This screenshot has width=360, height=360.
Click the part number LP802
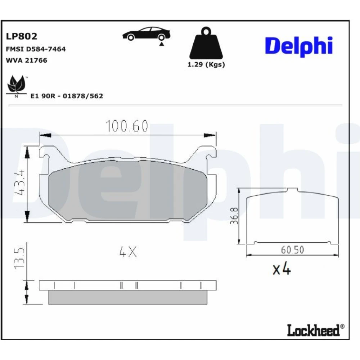click(x=21, y=36)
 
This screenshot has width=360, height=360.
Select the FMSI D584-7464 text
click(x=36, y=49)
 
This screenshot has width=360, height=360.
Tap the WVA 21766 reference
click(x=26, y=60)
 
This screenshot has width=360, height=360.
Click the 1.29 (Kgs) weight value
click(x=206, y=64)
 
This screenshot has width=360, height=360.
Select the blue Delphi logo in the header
click(x=299, y=46)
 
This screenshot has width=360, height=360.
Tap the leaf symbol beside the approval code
click(x=16, y=85)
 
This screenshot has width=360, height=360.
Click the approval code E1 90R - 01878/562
click(x=67, y=96)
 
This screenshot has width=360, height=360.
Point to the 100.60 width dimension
click(x=127, y=126)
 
